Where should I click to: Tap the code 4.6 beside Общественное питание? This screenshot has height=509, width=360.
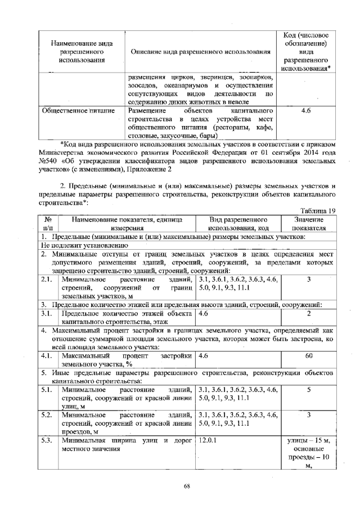coord(306,111)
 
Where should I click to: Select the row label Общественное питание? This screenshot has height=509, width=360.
coord(79,111)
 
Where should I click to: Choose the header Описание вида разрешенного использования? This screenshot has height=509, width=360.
coord(200,52)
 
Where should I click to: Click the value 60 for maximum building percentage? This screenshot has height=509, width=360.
coord(309,356)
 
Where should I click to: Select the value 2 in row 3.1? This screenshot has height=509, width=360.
coord(309,313)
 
